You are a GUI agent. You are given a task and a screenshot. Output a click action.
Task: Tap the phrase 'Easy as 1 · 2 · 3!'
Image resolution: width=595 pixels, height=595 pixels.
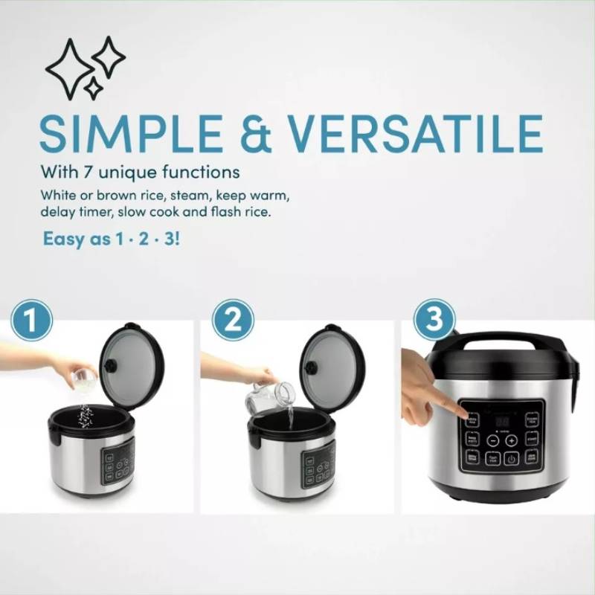coord(112,240)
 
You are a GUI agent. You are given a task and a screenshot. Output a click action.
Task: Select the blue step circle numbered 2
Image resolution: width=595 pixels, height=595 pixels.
coord(233,322)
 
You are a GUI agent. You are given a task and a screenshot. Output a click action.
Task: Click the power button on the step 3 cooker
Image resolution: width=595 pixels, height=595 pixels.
coord(512,459)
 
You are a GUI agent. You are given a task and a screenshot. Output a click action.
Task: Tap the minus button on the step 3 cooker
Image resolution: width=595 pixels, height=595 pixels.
coord(493,440)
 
